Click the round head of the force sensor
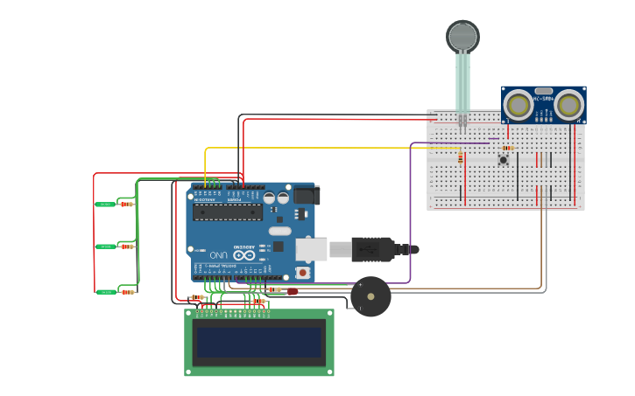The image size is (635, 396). click(x=462, y=36)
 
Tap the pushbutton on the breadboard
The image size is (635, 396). click(x=504, y=159)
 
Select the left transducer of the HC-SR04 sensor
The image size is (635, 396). click(x=519, y=105)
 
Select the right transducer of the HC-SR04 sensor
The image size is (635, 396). click(x=568, y=105)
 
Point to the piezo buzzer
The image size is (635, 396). click(x=370, y=296)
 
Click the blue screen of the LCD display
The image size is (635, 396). click(x=258, y=342)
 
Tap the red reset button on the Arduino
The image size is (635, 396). click(x=303, y=272)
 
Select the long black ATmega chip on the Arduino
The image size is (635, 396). click(x=228, y=212)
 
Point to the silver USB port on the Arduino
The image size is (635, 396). click(x=311, y=249)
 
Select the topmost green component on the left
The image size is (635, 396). click(x=105, y=205)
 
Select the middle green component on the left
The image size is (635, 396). click(x=105, y=247)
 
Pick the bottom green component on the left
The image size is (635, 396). click(x=105, y=292)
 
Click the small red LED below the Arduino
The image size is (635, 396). click(x=292, y=291)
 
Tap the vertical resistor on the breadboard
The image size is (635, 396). click(x=461, y=158)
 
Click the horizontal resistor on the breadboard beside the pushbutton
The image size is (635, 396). click(x=508, y=149)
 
